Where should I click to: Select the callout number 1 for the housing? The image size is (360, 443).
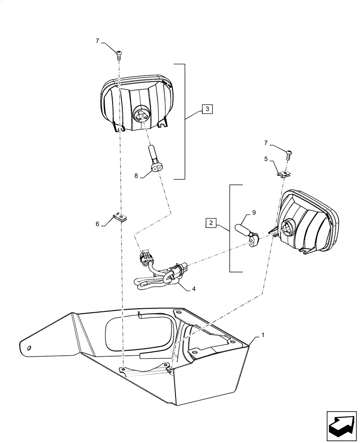point(263,335)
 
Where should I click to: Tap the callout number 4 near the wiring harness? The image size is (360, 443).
point(193,290)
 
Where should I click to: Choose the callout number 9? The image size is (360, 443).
point(254,213)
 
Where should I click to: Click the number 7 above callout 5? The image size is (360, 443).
point(267,144)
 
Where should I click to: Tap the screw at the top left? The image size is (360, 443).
point(119,54)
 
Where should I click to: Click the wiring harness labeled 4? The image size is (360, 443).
point(160,275)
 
